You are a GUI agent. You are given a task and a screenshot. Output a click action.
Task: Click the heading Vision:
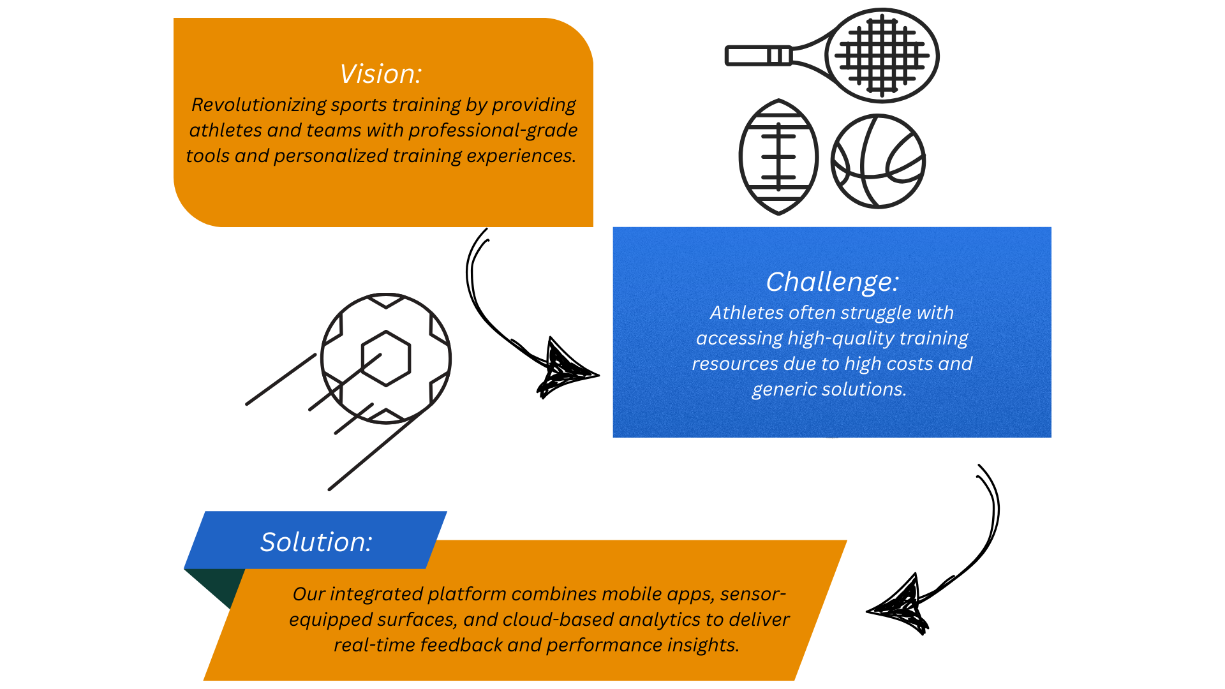[x=380, y=74]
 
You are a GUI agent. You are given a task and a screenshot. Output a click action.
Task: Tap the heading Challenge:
[x=832, y=282]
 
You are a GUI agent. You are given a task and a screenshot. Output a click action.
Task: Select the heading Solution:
[x=316, y=542]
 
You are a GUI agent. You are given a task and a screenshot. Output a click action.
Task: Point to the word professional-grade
[x=493, y=131]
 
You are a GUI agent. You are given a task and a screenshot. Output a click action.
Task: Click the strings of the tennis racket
[x=882, y=56]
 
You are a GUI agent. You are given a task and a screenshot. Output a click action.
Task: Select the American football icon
[x=778, y=157]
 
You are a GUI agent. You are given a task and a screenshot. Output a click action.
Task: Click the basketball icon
[x=878, y=161]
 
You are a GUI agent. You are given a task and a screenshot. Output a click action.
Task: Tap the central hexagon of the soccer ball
[x=386, y=359]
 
